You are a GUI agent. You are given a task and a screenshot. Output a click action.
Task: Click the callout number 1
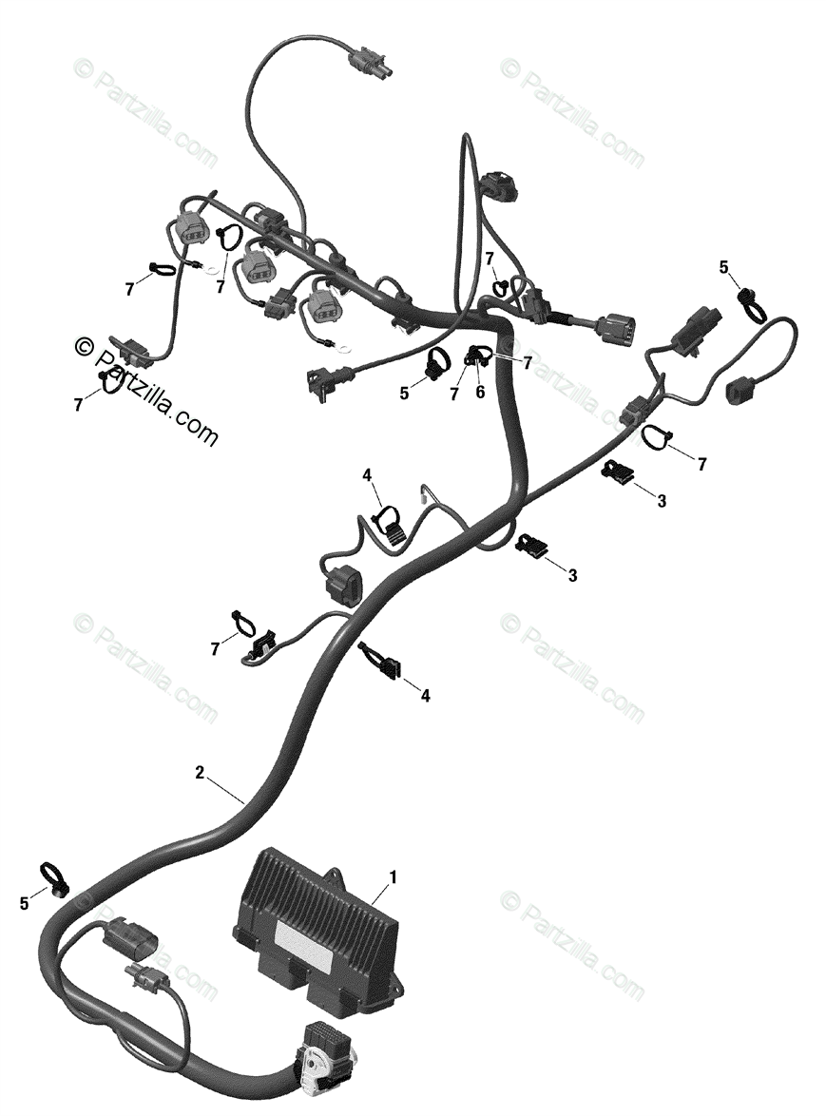pos(394,875)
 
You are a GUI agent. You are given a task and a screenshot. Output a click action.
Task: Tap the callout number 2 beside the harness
pos(200,773)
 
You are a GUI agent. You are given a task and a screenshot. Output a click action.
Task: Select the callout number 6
pos(480,392)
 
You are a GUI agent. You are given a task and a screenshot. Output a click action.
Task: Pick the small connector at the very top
pos(366,64)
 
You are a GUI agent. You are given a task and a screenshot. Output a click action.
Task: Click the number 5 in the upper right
pos(724,269)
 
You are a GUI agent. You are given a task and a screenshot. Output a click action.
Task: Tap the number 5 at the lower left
pos(25,904)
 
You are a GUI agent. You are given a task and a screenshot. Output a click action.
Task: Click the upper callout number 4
pos(366,474)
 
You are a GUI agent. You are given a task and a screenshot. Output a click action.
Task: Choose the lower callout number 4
pos(425,696)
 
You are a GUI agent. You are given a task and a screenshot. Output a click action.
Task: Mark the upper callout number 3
pos(662,501)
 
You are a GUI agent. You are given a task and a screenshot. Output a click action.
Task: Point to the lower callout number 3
pos(572,575)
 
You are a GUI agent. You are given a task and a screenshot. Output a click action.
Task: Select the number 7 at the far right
pos(701,464)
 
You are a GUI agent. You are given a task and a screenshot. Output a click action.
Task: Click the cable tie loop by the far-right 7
pos(655,436)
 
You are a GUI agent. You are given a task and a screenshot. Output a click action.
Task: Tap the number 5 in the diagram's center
pos(404,392)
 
